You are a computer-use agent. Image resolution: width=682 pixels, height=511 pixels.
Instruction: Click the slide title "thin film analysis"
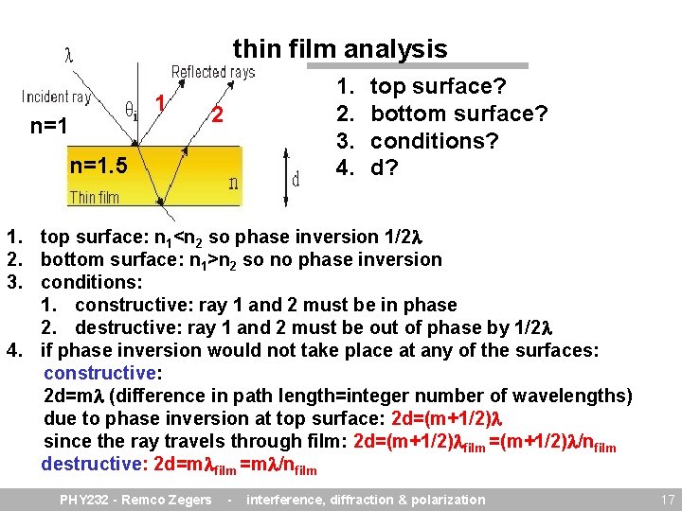coord(339,48)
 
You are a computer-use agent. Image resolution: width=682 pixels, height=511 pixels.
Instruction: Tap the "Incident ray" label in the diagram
coord(56,96)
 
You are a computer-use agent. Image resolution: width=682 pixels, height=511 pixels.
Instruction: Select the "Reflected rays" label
coord(212,72)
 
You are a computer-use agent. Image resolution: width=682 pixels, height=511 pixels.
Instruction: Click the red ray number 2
coord(217,115)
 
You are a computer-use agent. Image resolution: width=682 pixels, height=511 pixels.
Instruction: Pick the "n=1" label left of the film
coord(47,126)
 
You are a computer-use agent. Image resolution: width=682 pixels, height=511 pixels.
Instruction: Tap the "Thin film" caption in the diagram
coord(94,198)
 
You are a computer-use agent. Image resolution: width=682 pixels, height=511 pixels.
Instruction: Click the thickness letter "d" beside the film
coord(297,178)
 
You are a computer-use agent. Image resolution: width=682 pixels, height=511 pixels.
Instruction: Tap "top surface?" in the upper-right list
coord(438,87)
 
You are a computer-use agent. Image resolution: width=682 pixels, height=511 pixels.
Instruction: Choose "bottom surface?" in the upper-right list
coord(458,115)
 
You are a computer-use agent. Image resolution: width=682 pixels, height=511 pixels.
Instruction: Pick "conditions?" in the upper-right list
coord(432,142)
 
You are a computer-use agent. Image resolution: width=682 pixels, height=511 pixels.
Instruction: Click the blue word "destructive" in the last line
coord(91,465)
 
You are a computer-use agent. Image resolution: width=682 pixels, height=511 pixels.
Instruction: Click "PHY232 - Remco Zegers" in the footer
coord(135,500)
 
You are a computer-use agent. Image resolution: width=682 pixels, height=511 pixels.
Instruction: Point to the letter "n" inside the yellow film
coord(233,182)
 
